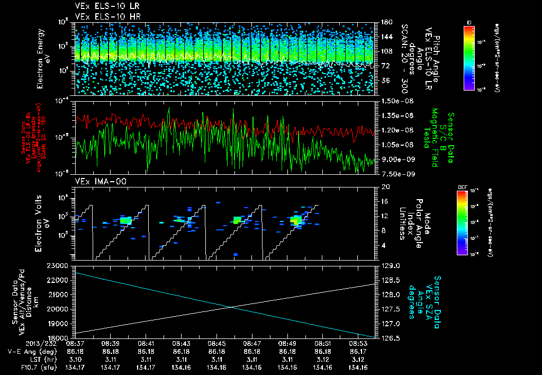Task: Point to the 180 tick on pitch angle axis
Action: [386, 22]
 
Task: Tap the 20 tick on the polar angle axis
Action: [385, 187]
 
